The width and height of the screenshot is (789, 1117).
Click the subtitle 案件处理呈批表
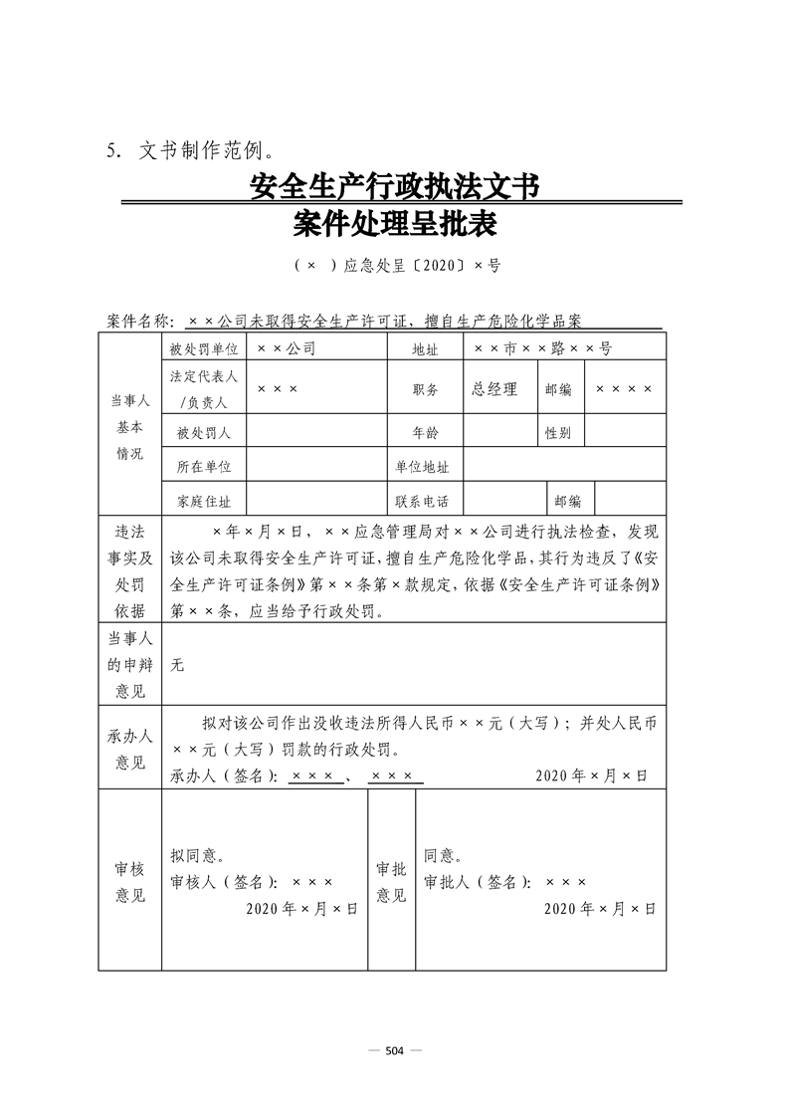(x=395, y=225)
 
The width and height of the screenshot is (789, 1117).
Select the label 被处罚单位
(x=203, y=349)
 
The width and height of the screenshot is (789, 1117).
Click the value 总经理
(x=494, y=389)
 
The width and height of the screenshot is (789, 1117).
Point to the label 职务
(x=425, y=390)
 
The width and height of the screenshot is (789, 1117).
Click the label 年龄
(x=425, y=433)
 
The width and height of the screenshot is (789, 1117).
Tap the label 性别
(x=557, y=433)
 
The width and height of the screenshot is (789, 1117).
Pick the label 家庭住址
(x=203, y=501)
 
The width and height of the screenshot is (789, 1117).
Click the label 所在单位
(x=203, y=467)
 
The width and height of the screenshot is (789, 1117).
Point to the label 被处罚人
(x=203, y=433)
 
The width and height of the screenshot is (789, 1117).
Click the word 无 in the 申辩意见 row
(x=177, y=665)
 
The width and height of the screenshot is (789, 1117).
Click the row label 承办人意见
(x=129, y=749)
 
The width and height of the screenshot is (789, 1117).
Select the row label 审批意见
(x=391, y=881)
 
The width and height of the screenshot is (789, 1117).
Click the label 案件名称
(x=139, y=322)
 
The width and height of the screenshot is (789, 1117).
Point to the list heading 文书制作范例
(x=205, y=151)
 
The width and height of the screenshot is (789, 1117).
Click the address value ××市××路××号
(x=542, y=349)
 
